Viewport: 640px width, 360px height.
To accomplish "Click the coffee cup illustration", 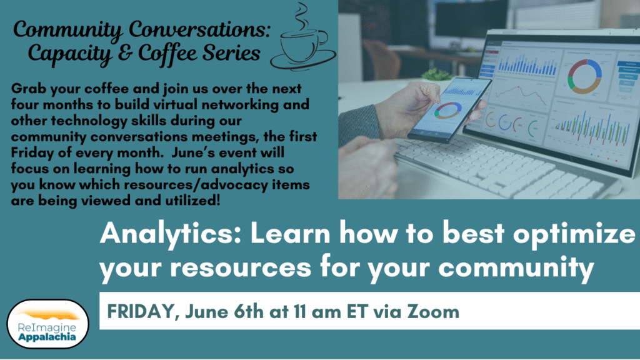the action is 303,41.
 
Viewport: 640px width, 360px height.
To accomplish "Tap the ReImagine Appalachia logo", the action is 47,324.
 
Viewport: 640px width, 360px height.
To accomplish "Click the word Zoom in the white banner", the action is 434,312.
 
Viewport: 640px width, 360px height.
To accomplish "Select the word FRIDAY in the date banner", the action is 141,312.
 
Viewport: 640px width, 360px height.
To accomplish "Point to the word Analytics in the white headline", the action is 171,234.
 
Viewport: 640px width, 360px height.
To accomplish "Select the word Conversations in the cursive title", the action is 199,30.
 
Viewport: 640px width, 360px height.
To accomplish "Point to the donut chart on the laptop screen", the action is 584,77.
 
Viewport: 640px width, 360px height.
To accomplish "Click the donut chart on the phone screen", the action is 447,111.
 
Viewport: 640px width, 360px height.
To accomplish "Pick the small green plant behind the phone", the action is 437,75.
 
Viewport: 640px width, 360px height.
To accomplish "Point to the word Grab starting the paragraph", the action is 27,89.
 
